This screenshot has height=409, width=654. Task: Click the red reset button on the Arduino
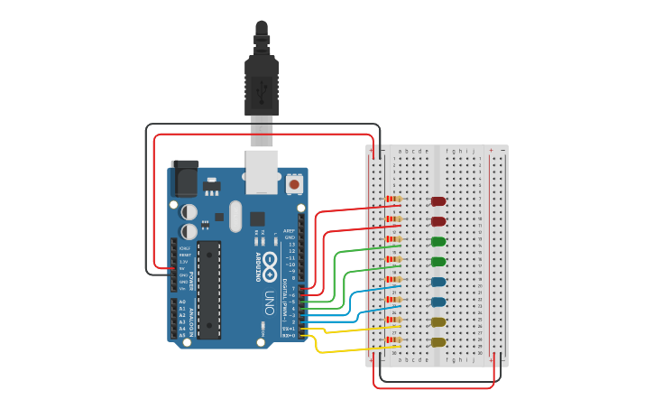point(294,184)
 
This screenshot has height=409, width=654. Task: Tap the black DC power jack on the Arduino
point(185,178)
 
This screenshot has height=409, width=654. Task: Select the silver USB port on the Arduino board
point(262,172)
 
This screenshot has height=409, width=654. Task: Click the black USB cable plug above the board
point(262,86)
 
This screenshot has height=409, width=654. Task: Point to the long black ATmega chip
point(209,290)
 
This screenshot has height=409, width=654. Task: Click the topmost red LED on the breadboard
point(438,201)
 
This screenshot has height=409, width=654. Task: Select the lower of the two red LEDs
point(438,221)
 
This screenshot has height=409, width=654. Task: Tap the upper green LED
point(438,241)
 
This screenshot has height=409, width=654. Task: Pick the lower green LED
point(438,262)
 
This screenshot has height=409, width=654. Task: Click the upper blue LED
point(438,282)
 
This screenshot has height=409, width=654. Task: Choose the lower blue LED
point(438,302)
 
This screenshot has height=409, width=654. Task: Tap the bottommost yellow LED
point(438,342)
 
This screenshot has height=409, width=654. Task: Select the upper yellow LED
point(438,321)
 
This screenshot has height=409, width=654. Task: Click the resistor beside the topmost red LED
point(393,199)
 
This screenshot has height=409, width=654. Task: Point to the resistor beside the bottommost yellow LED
point(393,339)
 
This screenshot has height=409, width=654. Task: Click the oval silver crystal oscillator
point(235,216)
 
